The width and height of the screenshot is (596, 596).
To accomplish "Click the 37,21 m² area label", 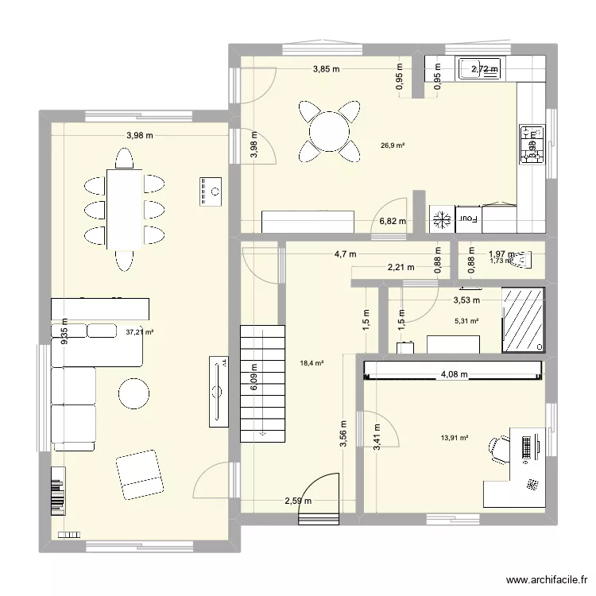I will (x=139, y=332).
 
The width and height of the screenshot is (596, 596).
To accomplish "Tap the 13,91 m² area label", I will (x=455, y=437).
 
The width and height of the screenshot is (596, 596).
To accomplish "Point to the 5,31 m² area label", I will (x=466, y=321).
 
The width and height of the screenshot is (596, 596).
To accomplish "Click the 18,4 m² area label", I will (x=312, y=363).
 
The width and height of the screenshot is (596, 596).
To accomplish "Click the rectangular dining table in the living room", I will (x=125, y=209).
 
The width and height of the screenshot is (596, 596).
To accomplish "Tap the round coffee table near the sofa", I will (x=134, y=393).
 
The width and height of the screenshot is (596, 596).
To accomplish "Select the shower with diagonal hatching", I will (x=523, y=319).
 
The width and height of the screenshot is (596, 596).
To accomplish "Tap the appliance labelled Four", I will (x=470, y=217).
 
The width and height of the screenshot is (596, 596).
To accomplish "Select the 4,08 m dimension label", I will (x=454, y=373).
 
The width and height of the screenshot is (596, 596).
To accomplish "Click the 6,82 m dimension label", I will (x=392, y=222).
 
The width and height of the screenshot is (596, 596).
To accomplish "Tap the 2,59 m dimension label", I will (x=299, y=501).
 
